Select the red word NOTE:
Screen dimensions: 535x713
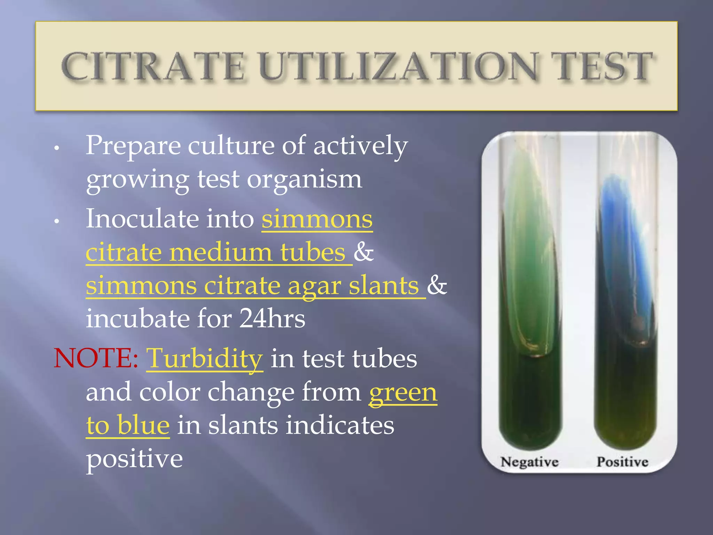96,359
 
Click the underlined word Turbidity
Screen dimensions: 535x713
204,359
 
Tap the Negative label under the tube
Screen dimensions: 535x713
529,462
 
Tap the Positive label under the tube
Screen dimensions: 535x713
622,462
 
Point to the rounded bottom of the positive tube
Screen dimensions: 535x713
625,435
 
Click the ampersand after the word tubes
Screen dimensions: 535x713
363,252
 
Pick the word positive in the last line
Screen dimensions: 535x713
134,459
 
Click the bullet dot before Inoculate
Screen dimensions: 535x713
57,222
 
